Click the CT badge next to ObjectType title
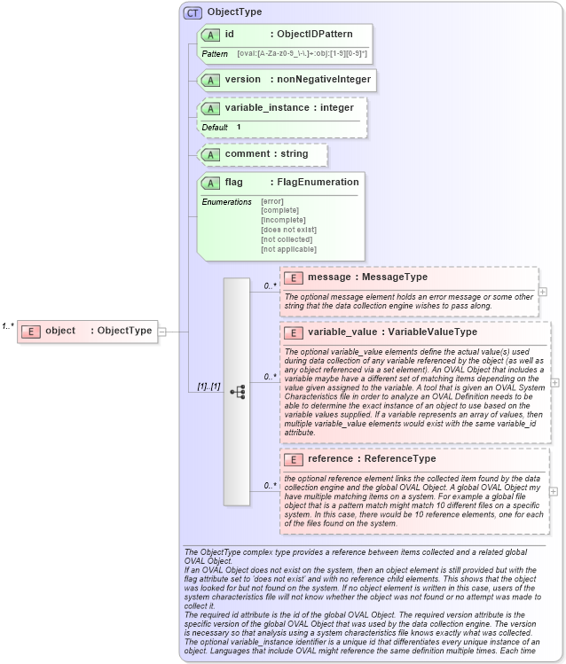pyautogui.click(x=193, y=13)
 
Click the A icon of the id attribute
pyautogui.click(x=211, y=35)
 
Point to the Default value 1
pyautogui.click(x=239, y=127)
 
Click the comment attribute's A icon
pyautogui.click(x=211, y=154)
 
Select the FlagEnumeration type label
pyautogui.click(x=318, y=183)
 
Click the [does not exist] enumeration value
pyautogui.click(x=288, y=230)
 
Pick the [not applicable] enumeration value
pyautogui.click(x=288, y=249)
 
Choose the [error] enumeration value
pyautogui.click(x=272, y=201)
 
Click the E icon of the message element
pyautogui.click(x=294, y=277)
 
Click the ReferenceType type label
pyautogui.click(x=401, y=459)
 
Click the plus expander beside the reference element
pyautogui.click(x=554, y=491)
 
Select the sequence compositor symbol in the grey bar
pyautogui.click(x=237, y=391)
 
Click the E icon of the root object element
pyautogui.click(x=31, y=332)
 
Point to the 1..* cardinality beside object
pyautogui.click(x=8, y=326)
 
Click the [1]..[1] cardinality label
pyautogui.click(x=208, y=387)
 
